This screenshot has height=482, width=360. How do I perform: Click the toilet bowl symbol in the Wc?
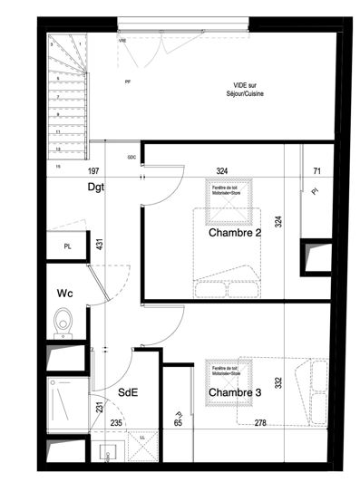point(62,321)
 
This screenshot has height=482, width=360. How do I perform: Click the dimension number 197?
point(92,170)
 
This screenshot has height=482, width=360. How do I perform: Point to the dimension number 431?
point(100,244)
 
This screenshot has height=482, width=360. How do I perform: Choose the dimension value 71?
point(316,170)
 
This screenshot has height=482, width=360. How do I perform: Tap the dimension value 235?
point(115,422)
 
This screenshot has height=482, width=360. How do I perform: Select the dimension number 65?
point(178,422)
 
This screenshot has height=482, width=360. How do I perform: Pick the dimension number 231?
point(100,409)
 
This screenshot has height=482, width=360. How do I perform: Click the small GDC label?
point(131,157)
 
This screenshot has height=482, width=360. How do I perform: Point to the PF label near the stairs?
point(126,82)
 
